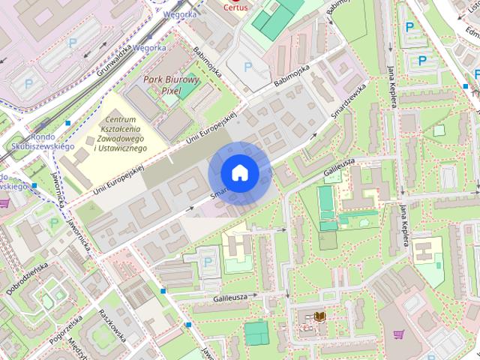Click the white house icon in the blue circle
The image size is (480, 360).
[239, 173]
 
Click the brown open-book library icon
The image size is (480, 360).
[319, 317]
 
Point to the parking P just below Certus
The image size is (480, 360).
[247, 67]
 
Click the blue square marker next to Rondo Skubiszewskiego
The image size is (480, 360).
[68, 122]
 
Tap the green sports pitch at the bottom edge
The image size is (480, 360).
[256, 331]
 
